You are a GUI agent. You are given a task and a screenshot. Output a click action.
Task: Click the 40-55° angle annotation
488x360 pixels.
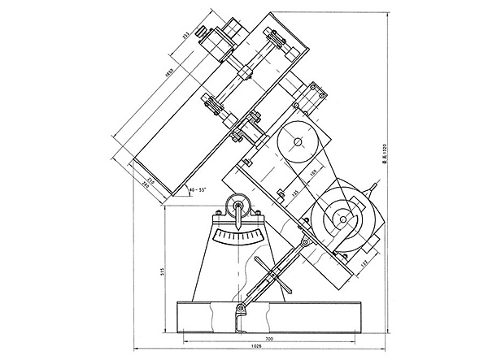pos(198,190)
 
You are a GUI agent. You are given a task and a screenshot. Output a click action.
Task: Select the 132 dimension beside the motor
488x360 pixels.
pos(362,261)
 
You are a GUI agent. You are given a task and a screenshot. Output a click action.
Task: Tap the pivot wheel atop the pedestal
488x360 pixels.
pos(238,205)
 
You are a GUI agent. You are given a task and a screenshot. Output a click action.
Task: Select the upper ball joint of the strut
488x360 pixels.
pos(303,243)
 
